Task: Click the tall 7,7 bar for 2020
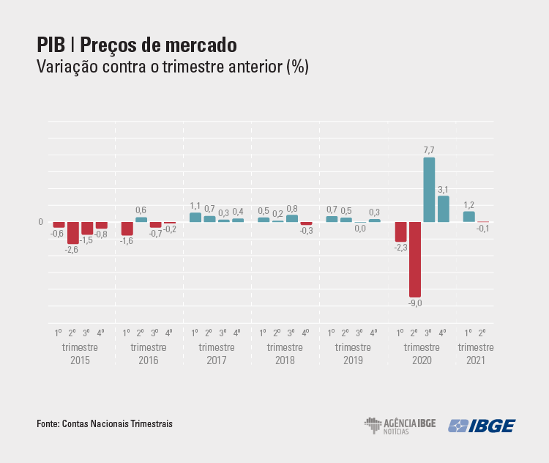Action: point(429,190)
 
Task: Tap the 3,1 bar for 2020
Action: point(444,209)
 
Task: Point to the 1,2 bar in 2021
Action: point(468,216)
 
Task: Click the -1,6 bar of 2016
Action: point(127,229)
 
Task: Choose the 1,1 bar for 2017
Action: point(195,217)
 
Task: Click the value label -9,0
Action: point(415,303)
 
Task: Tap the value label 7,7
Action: point(429,150)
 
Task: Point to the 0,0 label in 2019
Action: point(360,229)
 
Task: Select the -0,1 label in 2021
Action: point(482,229)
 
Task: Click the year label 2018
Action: point(285,360)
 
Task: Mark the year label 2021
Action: point(476,360)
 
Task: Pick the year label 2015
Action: point(80,360)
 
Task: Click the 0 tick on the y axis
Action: point(41,222)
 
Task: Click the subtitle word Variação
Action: point(70,67)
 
